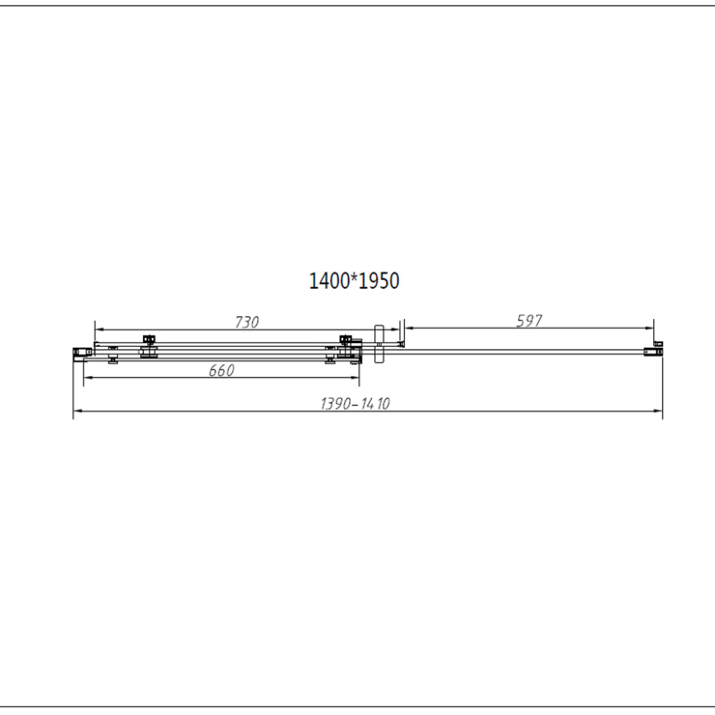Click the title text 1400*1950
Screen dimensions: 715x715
tap(354, 281)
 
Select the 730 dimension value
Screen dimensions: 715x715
tap(247, 322)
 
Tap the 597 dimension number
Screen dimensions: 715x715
tap(529, 321)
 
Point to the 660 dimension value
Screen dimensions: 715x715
tap(221, 370)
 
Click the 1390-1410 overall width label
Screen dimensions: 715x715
tap(355, 403)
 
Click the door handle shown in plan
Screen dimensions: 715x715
tap(379, 344)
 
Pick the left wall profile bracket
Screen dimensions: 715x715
tap(82, 352)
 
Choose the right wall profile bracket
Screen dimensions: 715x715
tap(653, 351)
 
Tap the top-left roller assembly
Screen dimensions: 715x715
tap(149, 339)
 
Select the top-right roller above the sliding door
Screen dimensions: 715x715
tap(346, 339)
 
